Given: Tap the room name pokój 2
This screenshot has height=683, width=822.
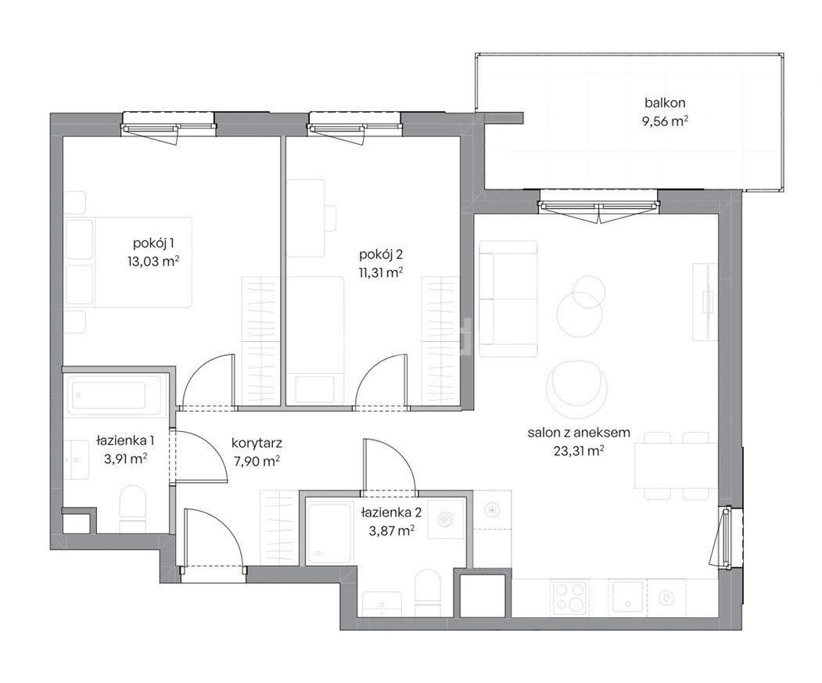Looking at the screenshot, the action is (x=381, y=256).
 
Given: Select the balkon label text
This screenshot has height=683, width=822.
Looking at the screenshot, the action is (x=665, y=102).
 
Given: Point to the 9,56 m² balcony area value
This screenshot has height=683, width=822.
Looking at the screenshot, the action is (x=665, y=121).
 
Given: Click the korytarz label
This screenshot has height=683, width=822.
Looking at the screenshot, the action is (x=257, y=444).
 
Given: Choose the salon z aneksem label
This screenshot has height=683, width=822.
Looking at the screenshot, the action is (x=579, y=433).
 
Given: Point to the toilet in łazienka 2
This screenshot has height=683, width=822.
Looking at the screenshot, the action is (x=428, y=593).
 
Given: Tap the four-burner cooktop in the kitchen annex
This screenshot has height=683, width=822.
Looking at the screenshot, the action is (x=570, y=596).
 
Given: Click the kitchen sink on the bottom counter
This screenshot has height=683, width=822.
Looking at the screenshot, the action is (x=627, y=596).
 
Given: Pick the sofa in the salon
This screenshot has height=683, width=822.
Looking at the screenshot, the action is (x=508, y=299).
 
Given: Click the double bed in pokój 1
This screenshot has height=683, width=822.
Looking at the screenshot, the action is (x=128, y=262).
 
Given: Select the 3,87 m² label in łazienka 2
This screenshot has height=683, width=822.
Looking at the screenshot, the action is (x=392, y=530).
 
